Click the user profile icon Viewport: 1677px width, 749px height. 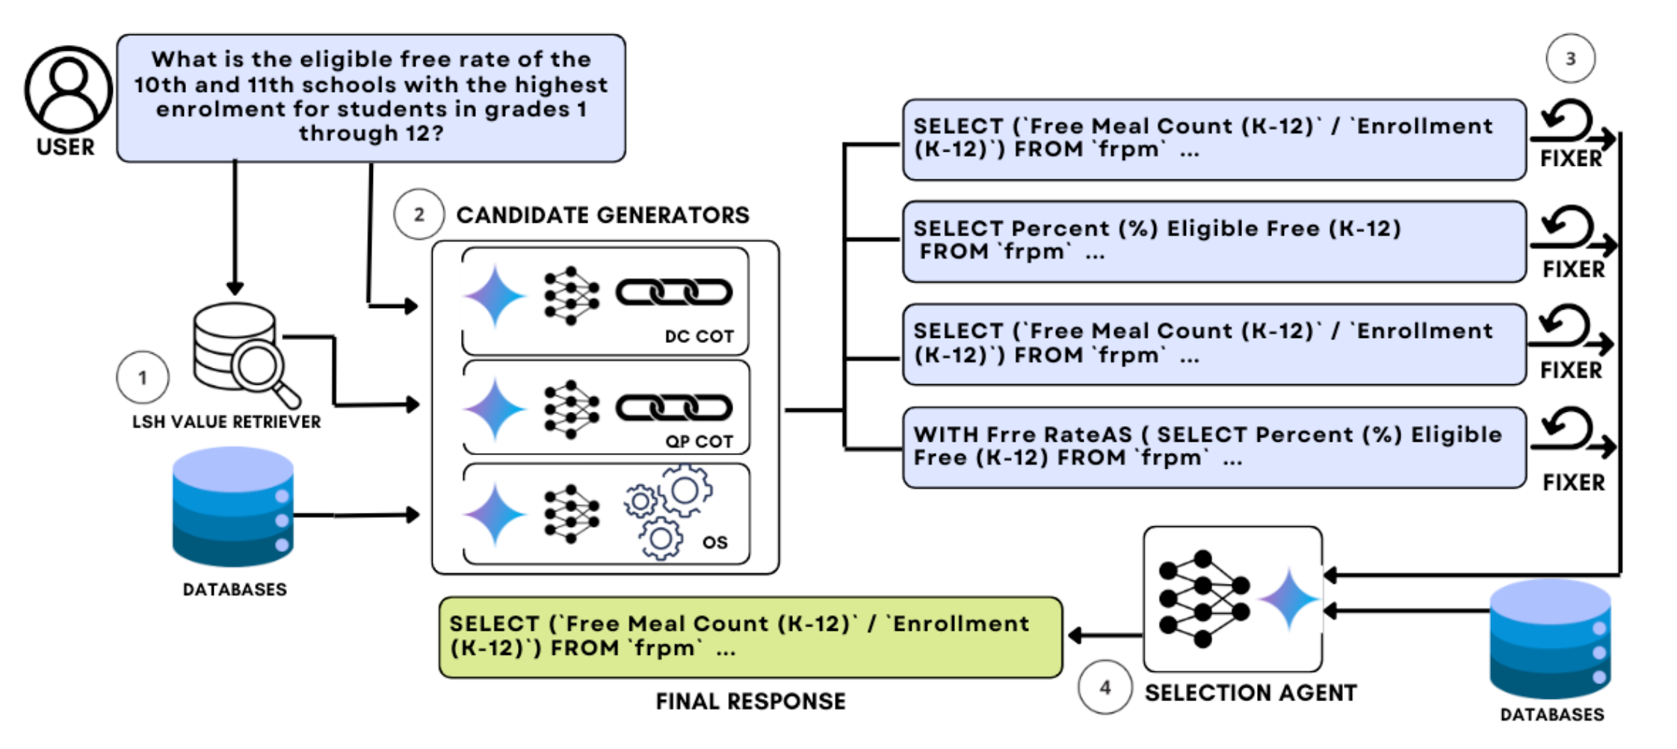click(68, 90)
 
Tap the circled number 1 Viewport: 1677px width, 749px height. click(142, 377)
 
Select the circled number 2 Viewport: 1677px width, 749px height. click(419, 215)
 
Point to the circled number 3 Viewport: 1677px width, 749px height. click(1570, 58)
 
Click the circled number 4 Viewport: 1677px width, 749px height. click(1105, 687)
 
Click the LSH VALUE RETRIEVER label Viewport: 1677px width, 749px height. click(226, 422)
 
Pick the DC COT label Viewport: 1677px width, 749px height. click(699, 336)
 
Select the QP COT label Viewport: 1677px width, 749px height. click(699, 442)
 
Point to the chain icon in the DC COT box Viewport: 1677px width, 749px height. click(673, 292)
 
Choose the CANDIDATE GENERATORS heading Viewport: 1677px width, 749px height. click(602, 215)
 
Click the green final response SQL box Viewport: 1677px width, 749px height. click(750, 637)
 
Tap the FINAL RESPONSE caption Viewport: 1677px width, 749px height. click(750, 701)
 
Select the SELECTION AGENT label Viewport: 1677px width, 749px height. click(1250, 693)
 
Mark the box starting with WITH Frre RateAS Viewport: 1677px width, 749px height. click(1214, 447)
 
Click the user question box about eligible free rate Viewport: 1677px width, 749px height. click(371, 97)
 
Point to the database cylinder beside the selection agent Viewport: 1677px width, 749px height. click(1550, 639)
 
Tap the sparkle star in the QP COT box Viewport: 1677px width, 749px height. click(495, 408)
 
